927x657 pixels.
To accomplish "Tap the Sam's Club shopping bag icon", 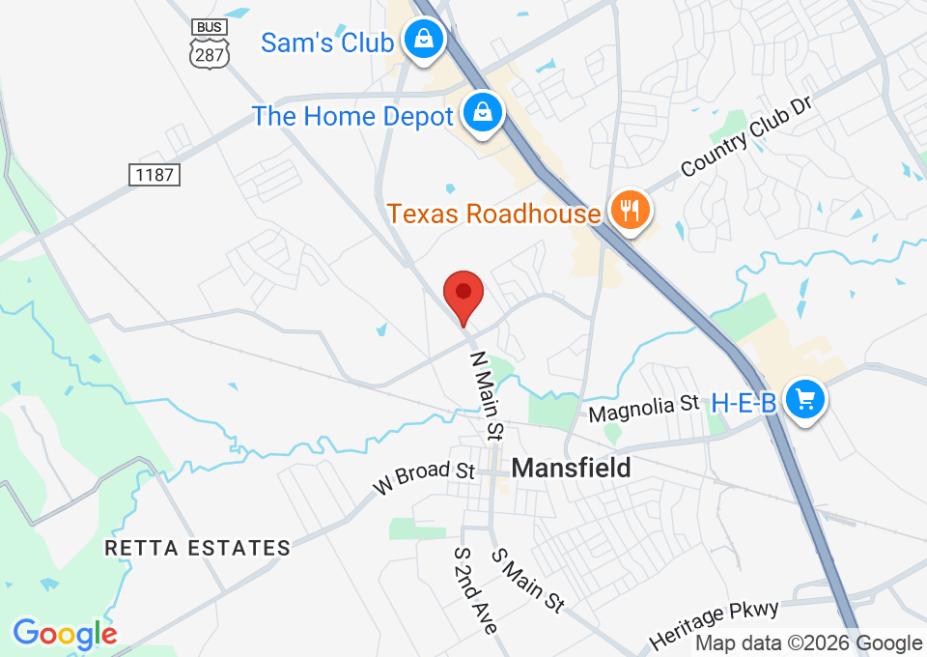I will coord(423,41).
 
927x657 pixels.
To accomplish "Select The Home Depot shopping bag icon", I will coord(481,113).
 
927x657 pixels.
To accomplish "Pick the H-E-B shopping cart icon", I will coord(803,400).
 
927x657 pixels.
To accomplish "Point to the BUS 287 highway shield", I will coord(211,43).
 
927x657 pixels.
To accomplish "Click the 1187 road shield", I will coord(154,175).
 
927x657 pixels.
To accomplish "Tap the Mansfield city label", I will coord(571,468).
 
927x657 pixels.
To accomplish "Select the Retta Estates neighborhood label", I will coord(197,548).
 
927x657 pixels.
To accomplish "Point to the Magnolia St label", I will coord(643,408).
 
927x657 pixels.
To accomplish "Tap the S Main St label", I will coord(527,580).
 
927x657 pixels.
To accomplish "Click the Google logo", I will coord(64,634).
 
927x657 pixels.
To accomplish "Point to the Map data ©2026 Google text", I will coord(808,643).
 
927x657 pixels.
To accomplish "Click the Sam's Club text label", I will coord(327,43).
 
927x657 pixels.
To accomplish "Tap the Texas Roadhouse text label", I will coord(493,213).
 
